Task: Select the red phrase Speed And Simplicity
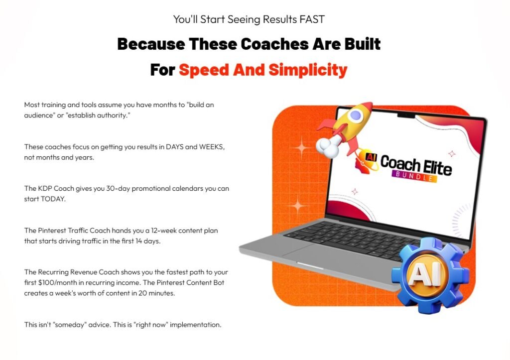(x=262, y=70)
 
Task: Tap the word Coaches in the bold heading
(x=275, y=44)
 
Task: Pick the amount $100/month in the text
(x=59, y=283)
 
